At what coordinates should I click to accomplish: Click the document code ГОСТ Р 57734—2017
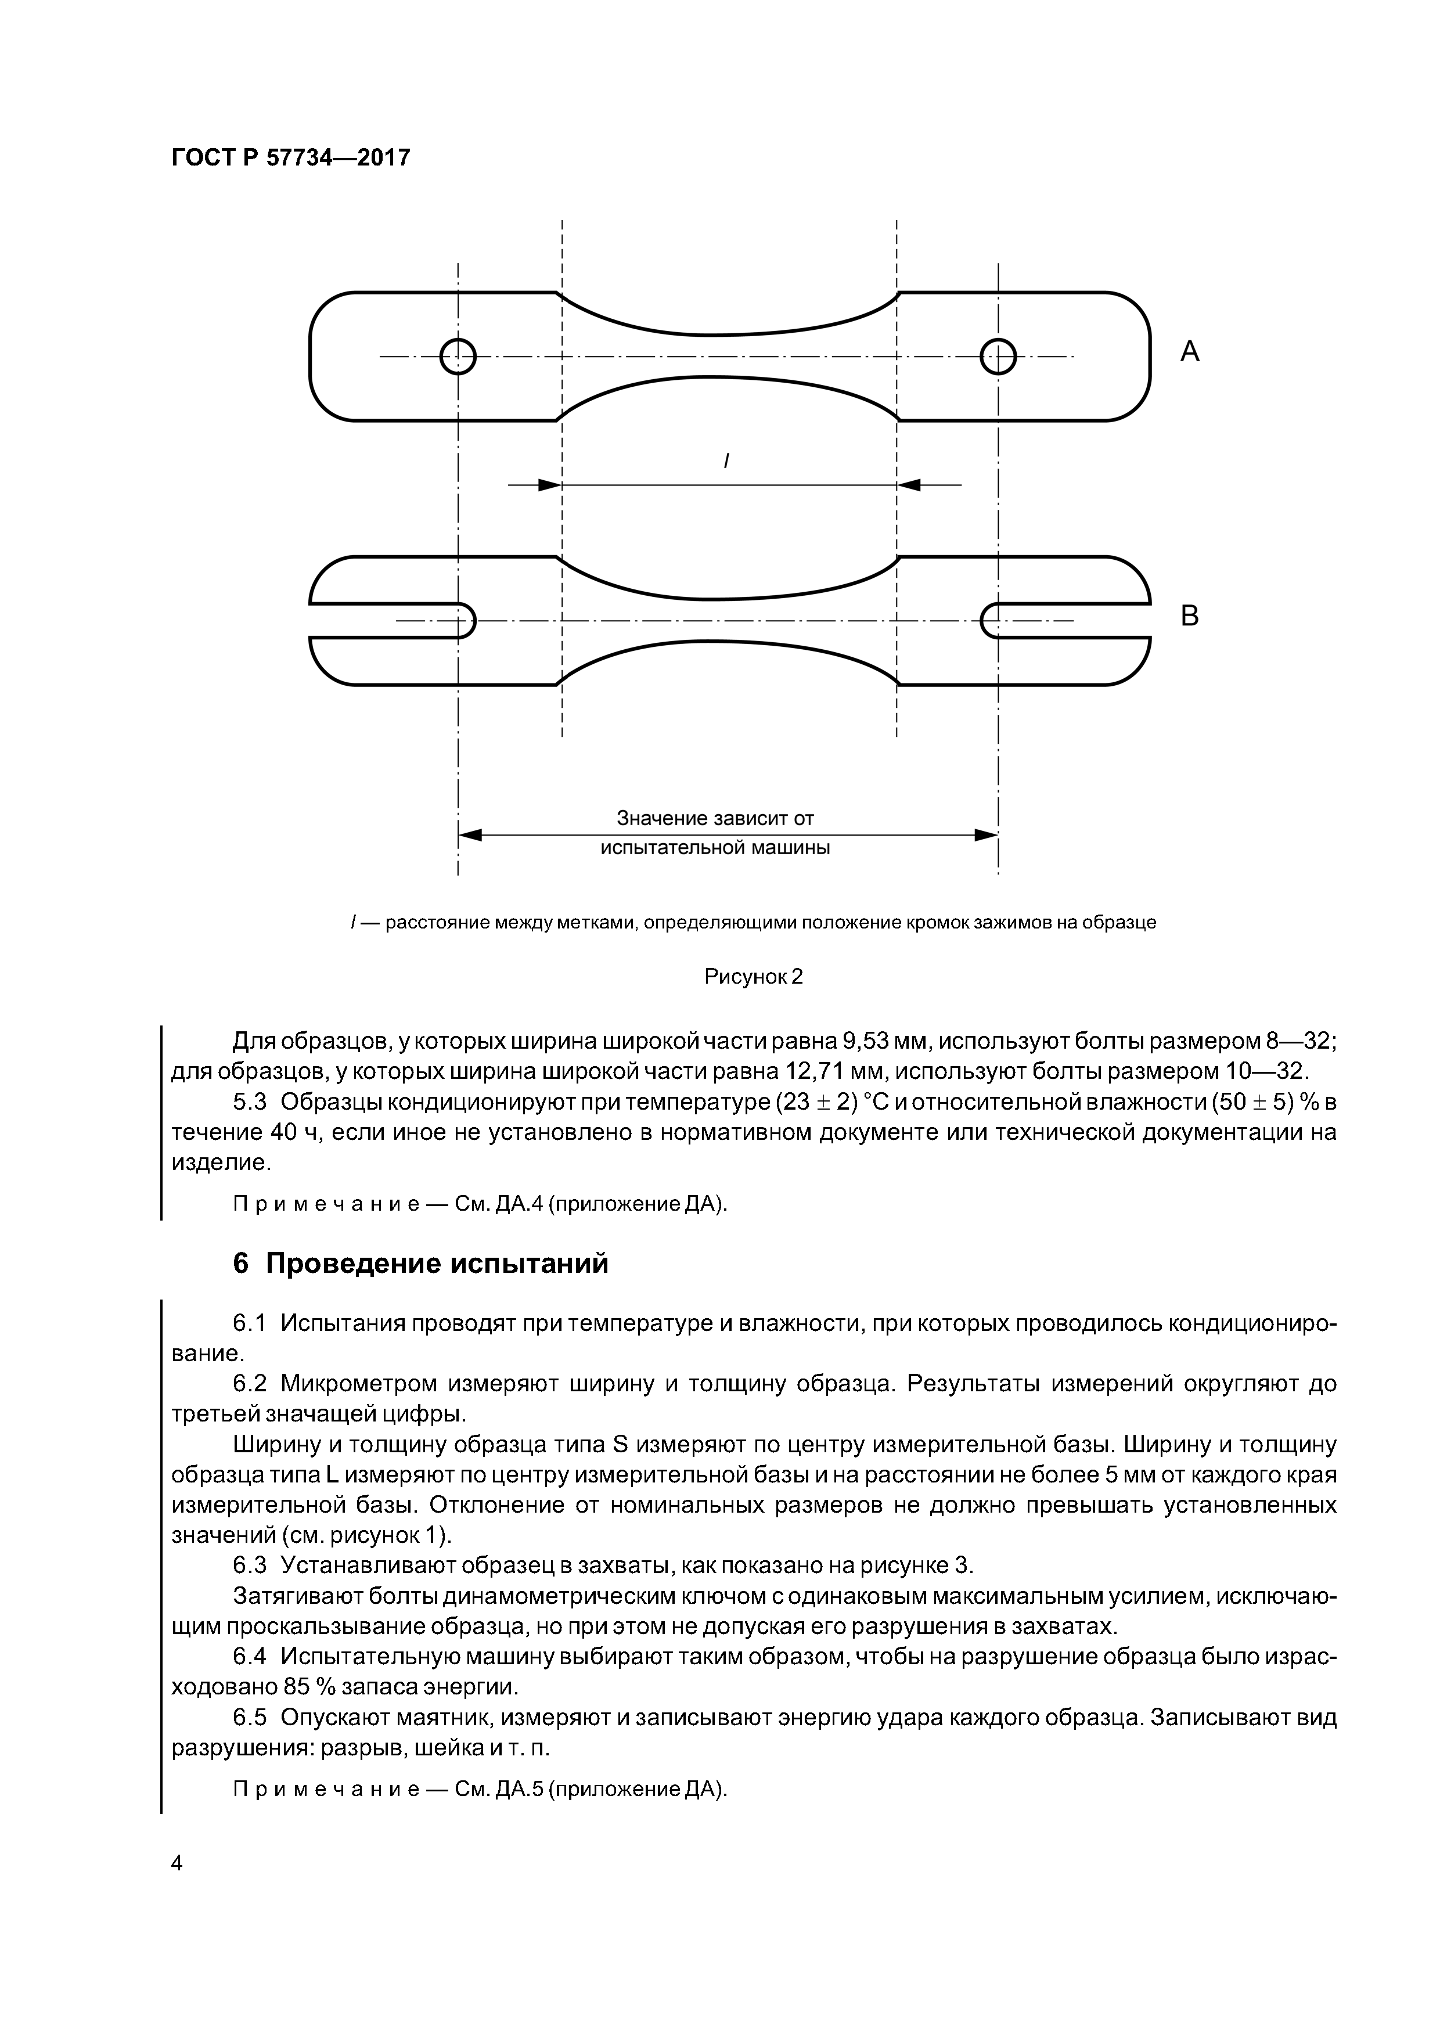290,158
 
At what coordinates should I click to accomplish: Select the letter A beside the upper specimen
1189,352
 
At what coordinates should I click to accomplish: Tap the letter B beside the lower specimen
1189,616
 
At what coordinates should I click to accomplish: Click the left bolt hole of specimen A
459,357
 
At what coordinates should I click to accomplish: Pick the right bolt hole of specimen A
998,357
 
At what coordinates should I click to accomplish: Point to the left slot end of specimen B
467,620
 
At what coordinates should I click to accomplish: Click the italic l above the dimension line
726,460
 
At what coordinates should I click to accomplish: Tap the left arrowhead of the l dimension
549,485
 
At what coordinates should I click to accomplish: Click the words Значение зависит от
715,817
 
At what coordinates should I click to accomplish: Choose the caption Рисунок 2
753,977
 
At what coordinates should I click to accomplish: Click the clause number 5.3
249,1102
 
